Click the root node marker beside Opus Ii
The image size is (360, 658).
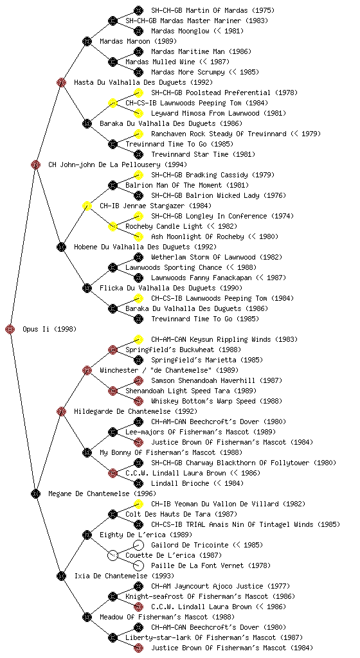pos(10,329)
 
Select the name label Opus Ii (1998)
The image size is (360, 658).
pos(50,329)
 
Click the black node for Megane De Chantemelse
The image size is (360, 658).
pos(35,493)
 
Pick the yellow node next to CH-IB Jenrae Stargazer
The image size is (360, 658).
pos(87,206)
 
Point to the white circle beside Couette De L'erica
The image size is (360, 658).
pos(113,555)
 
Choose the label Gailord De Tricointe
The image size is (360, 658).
pos(190,545)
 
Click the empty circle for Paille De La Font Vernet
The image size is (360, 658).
pos(138,565)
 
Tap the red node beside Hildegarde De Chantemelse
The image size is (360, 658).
pos(61,411)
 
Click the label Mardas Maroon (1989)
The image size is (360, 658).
pos(138,41)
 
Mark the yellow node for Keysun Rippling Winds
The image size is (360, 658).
pos(138,339)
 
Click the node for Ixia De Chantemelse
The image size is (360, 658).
pos(61,576)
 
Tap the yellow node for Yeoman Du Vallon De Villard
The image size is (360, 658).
pos(138,504)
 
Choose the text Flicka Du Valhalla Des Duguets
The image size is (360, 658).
pos(157,288)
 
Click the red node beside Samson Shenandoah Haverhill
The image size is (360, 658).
pos(138,380)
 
